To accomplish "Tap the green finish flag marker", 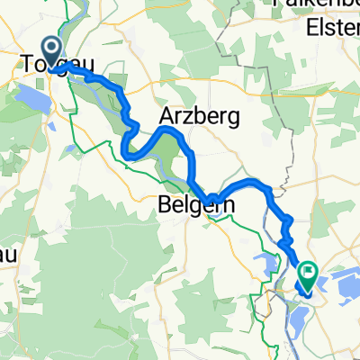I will (x=309, y=274).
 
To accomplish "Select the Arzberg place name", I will (x=190, y=116).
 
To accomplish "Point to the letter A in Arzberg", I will (x=166, y=116).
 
